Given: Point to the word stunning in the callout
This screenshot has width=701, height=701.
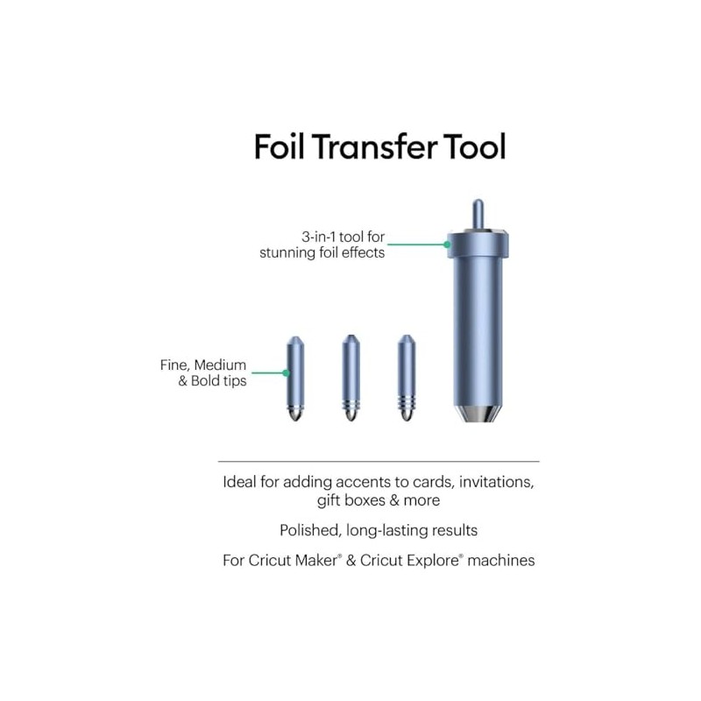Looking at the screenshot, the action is [288, 253].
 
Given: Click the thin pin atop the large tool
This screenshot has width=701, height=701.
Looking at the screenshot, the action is [476, 213].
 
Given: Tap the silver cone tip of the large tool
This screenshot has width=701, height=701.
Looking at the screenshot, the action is [476, 412].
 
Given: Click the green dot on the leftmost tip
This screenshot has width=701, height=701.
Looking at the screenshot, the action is [287, 372].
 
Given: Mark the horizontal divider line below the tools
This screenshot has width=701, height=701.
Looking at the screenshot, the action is [378, 461].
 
